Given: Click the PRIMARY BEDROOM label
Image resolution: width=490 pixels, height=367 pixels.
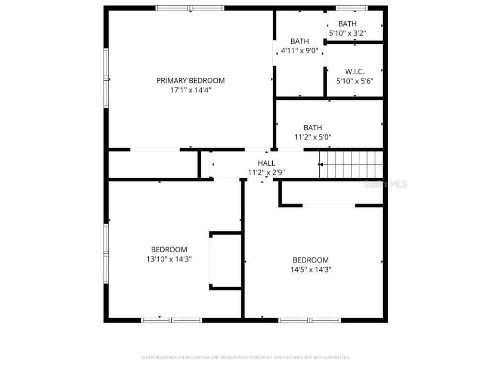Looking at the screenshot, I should click(190, 80).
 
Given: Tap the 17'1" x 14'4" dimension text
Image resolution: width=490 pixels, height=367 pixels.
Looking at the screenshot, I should click(190, 89).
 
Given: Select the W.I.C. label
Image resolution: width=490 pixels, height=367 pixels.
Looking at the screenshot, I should click(355, 72).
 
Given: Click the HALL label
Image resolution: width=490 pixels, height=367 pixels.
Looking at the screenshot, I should click(266, 163).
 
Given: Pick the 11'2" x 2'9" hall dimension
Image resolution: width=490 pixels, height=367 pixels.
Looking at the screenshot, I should click(267, 173).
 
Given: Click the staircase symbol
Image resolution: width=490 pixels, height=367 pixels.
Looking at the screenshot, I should click(352, 164).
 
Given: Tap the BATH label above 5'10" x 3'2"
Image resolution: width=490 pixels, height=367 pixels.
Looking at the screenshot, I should click(347, 24).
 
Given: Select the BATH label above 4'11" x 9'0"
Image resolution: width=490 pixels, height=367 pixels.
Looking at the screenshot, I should click(300, 41).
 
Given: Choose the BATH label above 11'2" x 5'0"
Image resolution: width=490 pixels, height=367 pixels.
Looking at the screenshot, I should click(312, 128).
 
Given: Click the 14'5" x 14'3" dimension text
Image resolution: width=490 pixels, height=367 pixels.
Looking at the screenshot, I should click(311, 269).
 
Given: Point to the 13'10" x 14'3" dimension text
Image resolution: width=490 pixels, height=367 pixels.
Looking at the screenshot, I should click(169, 259).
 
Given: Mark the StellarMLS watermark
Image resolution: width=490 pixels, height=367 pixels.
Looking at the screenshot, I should click(386, 183).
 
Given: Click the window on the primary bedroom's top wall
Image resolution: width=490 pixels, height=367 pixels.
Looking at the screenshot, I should click(190, 8).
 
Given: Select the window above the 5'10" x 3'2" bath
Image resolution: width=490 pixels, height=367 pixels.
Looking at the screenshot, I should click(352, 8).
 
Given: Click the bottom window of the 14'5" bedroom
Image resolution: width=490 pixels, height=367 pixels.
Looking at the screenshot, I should click(309, 320).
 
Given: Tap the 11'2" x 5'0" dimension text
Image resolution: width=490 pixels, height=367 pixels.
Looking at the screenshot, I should click(312, 137).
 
